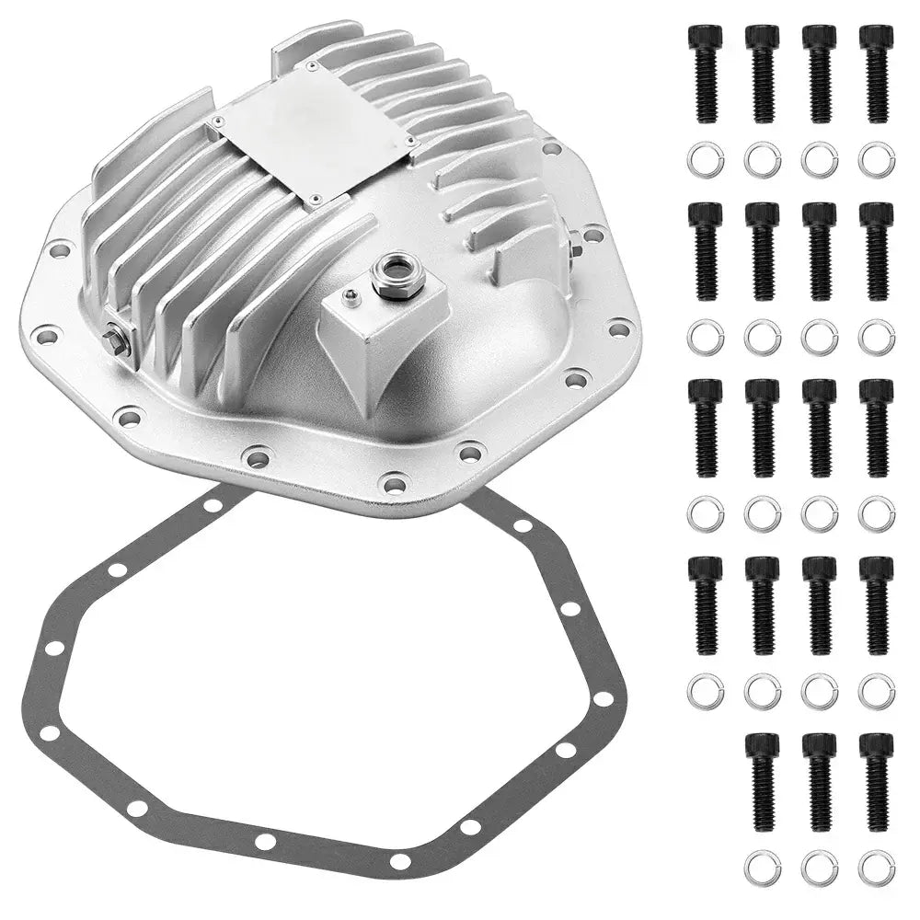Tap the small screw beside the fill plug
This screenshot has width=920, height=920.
350,296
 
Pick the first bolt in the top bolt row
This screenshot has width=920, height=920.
706,73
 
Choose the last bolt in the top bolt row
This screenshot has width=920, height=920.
877,73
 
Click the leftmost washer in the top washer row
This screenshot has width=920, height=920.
706,160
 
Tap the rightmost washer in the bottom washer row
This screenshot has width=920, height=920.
877,867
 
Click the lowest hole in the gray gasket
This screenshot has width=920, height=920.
399,861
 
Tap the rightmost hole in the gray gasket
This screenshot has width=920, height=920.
603,698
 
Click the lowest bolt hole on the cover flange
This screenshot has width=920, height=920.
395,482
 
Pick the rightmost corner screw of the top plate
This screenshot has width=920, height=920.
408,143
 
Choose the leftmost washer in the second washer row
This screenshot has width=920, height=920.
706,337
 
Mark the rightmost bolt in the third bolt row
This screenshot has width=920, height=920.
877,427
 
